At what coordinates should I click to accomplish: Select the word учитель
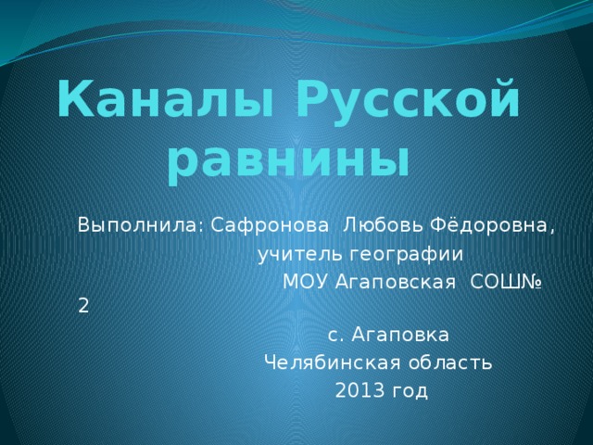pyautogui.click(x=295, y=253)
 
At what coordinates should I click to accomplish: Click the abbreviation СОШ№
pyautogui.click(x=508, y=281)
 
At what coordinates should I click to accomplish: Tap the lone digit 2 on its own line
pyautogui.click(x=84, y=308)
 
